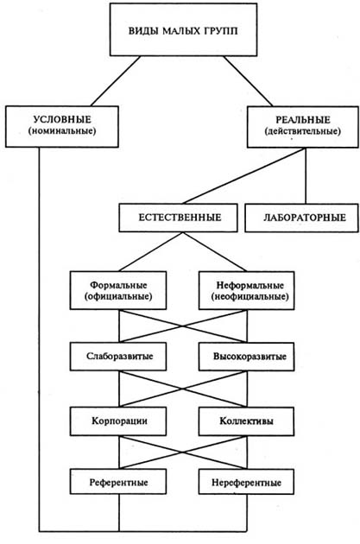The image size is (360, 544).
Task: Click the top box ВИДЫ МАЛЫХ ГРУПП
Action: [184, 29]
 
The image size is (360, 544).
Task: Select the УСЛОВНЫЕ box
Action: [62, 127]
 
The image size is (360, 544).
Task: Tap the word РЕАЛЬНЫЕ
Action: [303, 120]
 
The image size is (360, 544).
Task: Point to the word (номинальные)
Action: [62, 131]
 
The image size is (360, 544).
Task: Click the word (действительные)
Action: [303, 132]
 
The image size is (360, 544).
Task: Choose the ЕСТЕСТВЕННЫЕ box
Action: [178, 218]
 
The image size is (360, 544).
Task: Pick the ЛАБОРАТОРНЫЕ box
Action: [301, 218]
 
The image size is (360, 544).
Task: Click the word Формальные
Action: [118, 285]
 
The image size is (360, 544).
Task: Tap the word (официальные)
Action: [118, 297]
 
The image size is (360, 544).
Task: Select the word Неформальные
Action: [249, 285]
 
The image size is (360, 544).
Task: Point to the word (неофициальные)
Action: [249, 297]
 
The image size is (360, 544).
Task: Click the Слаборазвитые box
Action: [118, 357]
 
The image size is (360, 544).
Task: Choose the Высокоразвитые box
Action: [247, 357]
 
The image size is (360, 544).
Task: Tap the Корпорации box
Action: [118, 421]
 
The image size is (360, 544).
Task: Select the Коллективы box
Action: [247, 421]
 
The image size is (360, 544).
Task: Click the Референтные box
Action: [118, 482]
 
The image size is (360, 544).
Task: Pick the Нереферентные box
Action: [247, 482]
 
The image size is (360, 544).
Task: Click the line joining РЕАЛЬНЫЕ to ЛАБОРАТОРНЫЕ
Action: [306, 176]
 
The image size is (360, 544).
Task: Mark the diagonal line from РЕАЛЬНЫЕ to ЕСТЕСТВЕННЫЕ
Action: [243, 176]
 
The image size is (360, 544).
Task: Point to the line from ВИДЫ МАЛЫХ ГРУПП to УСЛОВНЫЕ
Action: [116, 81]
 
